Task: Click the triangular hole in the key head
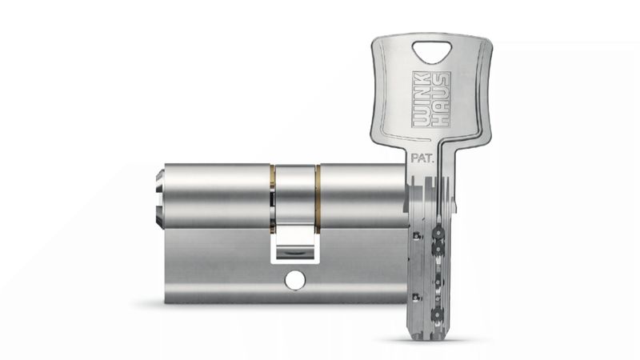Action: click(432, 50)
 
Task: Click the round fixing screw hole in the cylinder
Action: click(295, 280)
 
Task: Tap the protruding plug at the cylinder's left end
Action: click(160, 198)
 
